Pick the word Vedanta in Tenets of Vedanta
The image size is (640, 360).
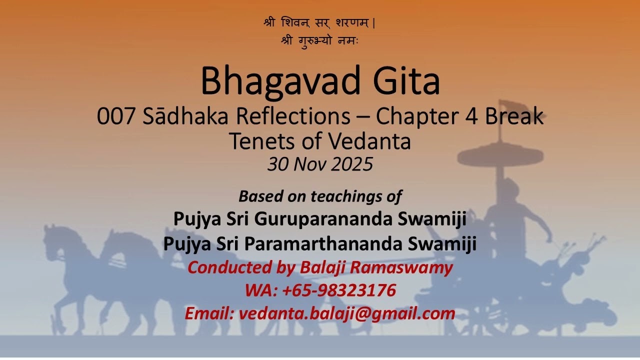click(369, 141)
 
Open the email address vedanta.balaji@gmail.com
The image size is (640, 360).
click(346, 313)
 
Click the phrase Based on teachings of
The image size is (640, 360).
click(320, 196)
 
